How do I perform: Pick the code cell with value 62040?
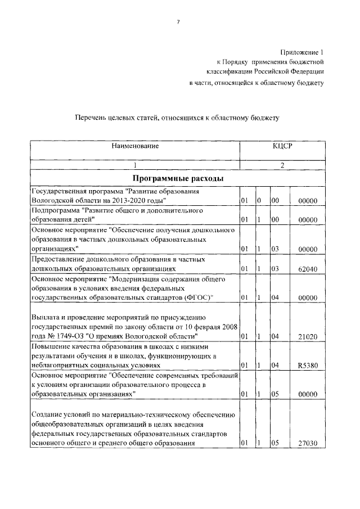click(x=308, y=269)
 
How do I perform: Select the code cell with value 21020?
click(x=308, y=337)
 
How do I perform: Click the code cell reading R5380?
click(x=308, y=366)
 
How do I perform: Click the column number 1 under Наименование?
click(x=134, y=165)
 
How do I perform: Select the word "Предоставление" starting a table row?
click(x=57, y=260)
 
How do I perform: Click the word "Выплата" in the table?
click(x=44, y=318)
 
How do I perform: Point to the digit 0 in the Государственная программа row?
click(x=259, y=200)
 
